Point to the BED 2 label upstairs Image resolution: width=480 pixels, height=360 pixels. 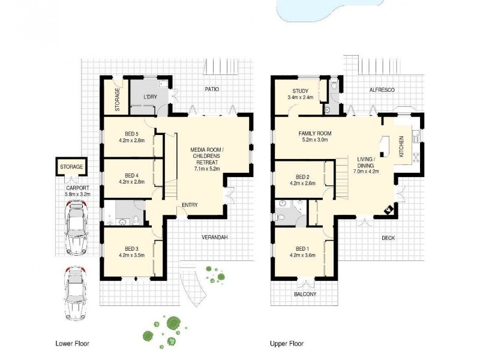click(x=302, y=177)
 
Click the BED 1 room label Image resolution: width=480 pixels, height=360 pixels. click(x=302, y=249)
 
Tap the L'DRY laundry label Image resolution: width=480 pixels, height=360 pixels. click(x=150, y=97)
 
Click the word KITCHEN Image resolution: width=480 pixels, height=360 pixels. click(x=401, y=147)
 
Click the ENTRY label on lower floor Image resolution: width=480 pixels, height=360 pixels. click(x=190, y=205)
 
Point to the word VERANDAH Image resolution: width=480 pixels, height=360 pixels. click(x=215, y=237)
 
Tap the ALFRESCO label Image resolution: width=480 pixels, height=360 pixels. click(x=381, y=89)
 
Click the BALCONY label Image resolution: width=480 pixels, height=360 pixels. click(x=305, y=295)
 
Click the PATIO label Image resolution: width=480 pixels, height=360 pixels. click(x=211, y=89)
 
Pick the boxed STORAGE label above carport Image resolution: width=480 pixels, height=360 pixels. click(x=71, y=166)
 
